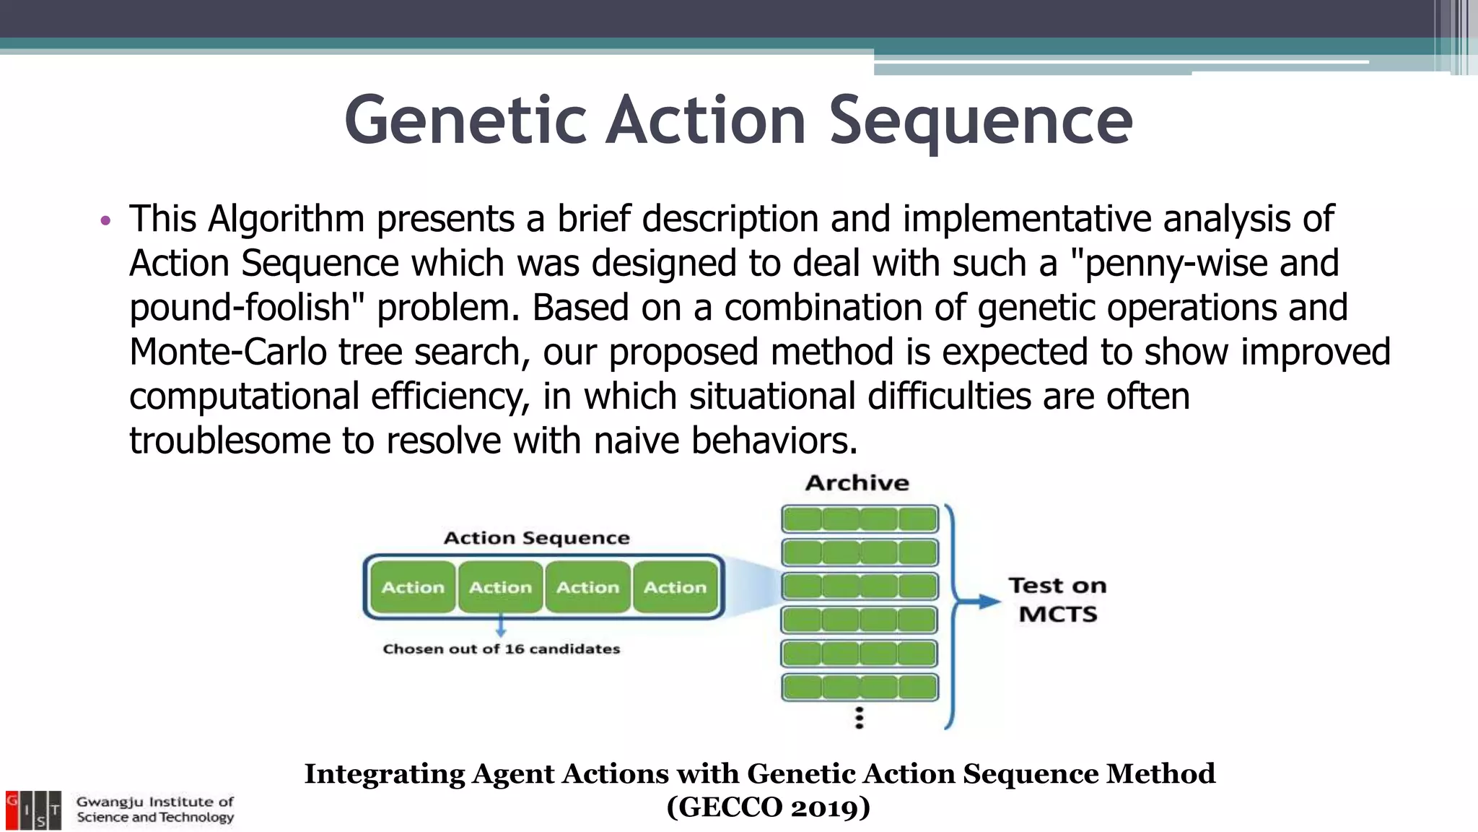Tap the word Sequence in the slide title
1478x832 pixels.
(x=980, y=121)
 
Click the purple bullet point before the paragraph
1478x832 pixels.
(x=105, y=221)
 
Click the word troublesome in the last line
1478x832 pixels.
(x=229, y=441)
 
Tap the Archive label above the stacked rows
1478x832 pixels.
(x=857, y=482)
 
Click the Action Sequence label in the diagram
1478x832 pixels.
(x=536, y=538)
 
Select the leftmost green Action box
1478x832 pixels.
(x=413, y=587)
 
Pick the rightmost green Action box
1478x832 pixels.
(x=675, y=587)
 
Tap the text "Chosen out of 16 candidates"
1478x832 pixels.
(x=501, y=649)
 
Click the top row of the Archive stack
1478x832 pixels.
(x=860, y=519)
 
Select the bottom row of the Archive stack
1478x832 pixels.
(x=860, y=687)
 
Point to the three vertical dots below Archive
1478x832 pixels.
(x=859, y=718)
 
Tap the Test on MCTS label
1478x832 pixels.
(x=1057, y=599)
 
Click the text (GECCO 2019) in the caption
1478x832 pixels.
(x=768, y=807)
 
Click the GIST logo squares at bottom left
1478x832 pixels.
(x=33, y=810)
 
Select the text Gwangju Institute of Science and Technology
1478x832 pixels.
(x=155, y=810)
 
